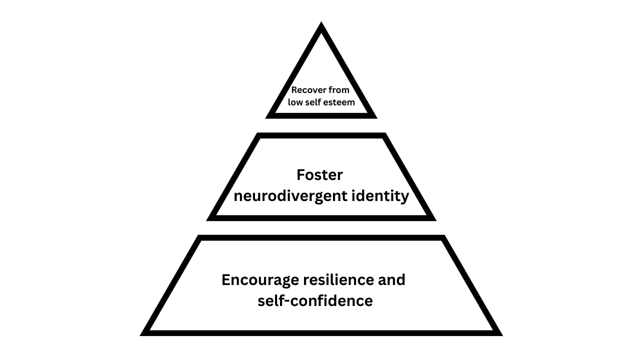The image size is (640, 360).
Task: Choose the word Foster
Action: (x=319, y=175)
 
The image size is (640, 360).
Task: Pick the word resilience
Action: (x=336, y=279)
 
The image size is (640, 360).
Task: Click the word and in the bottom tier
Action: (x=390, y=279)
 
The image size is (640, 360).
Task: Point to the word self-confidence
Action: (x=315, y=301)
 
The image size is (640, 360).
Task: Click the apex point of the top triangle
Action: (x=321, y=23)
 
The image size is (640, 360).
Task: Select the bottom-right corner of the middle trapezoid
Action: (x=434, y=219)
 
